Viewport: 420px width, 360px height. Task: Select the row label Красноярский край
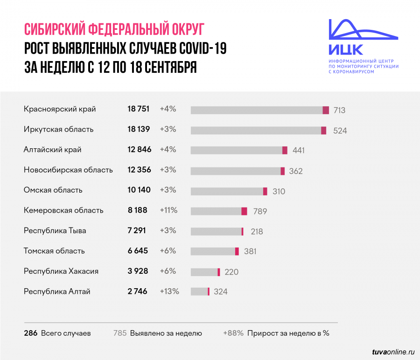click(60, 109)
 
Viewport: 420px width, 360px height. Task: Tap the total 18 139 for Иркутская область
click(138, 129)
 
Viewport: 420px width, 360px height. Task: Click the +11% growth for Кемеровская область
click(168, 210)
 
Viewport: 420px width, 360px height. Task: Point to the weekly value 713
click(339, 111)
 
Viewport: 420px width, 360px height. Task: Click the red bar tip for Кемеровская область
click(244, 211)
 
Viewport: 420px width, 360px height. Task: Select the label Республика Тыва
click(55, 230)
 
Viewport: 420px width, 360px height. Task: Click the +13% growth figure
click(169, 291)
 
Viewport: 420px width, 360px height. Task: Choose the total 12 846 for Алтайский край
click(139, 150)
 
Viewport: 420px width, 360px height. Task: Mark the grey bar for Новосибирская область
click(236, 171)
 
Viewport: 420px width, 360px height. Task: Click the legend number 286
click(30, 333)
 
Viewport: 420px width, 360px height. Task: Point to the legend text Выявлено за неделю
click(166, 333)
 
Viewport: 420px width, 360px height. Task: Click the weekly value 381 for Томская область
click(250, 252)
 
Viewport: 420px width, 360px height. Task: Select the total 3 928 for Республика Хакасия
click(137, 271)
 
